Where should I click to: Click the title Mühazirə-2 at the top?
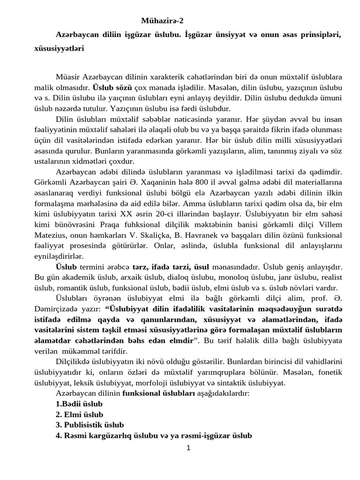click(163, 21)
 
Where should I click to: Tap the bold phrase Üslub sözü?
click(112, 87)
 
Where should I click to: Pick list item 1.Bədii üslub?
click(79, 403)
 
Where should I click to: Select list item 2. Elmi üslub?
click(79, 414)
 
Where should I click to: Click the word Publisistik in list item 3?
click(84, 425)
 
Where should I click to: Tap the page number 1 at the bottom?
click(188, 448)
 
